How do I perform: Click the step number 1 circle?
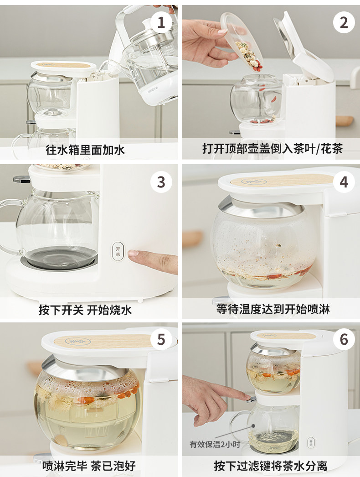pos(161,22)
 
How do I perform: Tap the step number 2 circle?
pos(344,22)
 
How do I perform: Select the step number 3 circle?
pos(161,182)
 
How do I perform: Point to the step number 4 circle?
pos(344,182)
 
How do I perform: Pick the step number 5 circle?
pos(161,339)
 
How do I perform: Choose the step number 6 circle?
pos(344,339)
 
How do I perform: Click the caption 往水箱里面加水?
pos(85,150)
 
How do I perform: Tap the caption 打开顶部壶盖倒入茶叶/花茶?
pos(273,149)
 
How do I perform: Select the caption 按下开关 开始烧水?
pos(85,310)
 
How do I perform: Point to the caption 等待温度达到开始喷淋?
pos(273,309)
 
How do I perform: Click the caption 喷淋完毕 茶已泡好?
pos(89,466)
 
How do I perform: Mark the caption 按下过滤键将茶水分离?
pos(270,466)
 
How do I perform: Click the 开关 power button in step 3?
pos(118,251)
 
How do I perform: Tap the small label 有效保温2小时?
pos(215,444)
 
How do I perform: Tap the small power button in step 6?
pos(311,443)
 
